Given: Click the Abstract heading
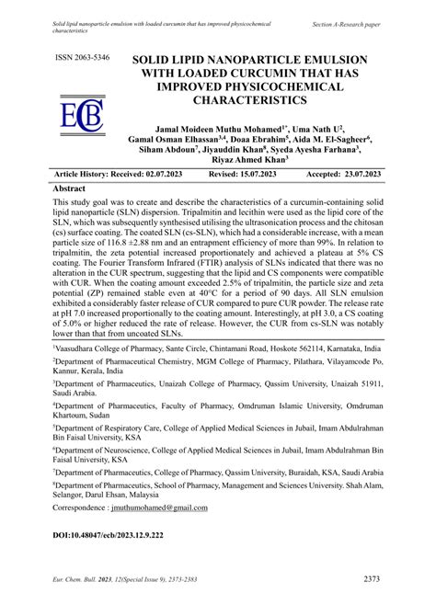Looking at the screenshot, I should [x=77, y=187].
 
